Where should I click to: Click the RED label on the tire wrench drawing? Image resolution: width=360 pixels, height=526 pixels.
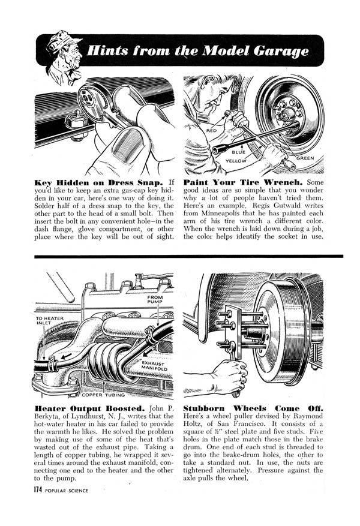click(x=211, y=130)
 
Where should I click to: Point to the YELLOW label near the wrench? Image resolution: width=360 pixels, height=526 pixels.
click(x=236, y=161)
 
